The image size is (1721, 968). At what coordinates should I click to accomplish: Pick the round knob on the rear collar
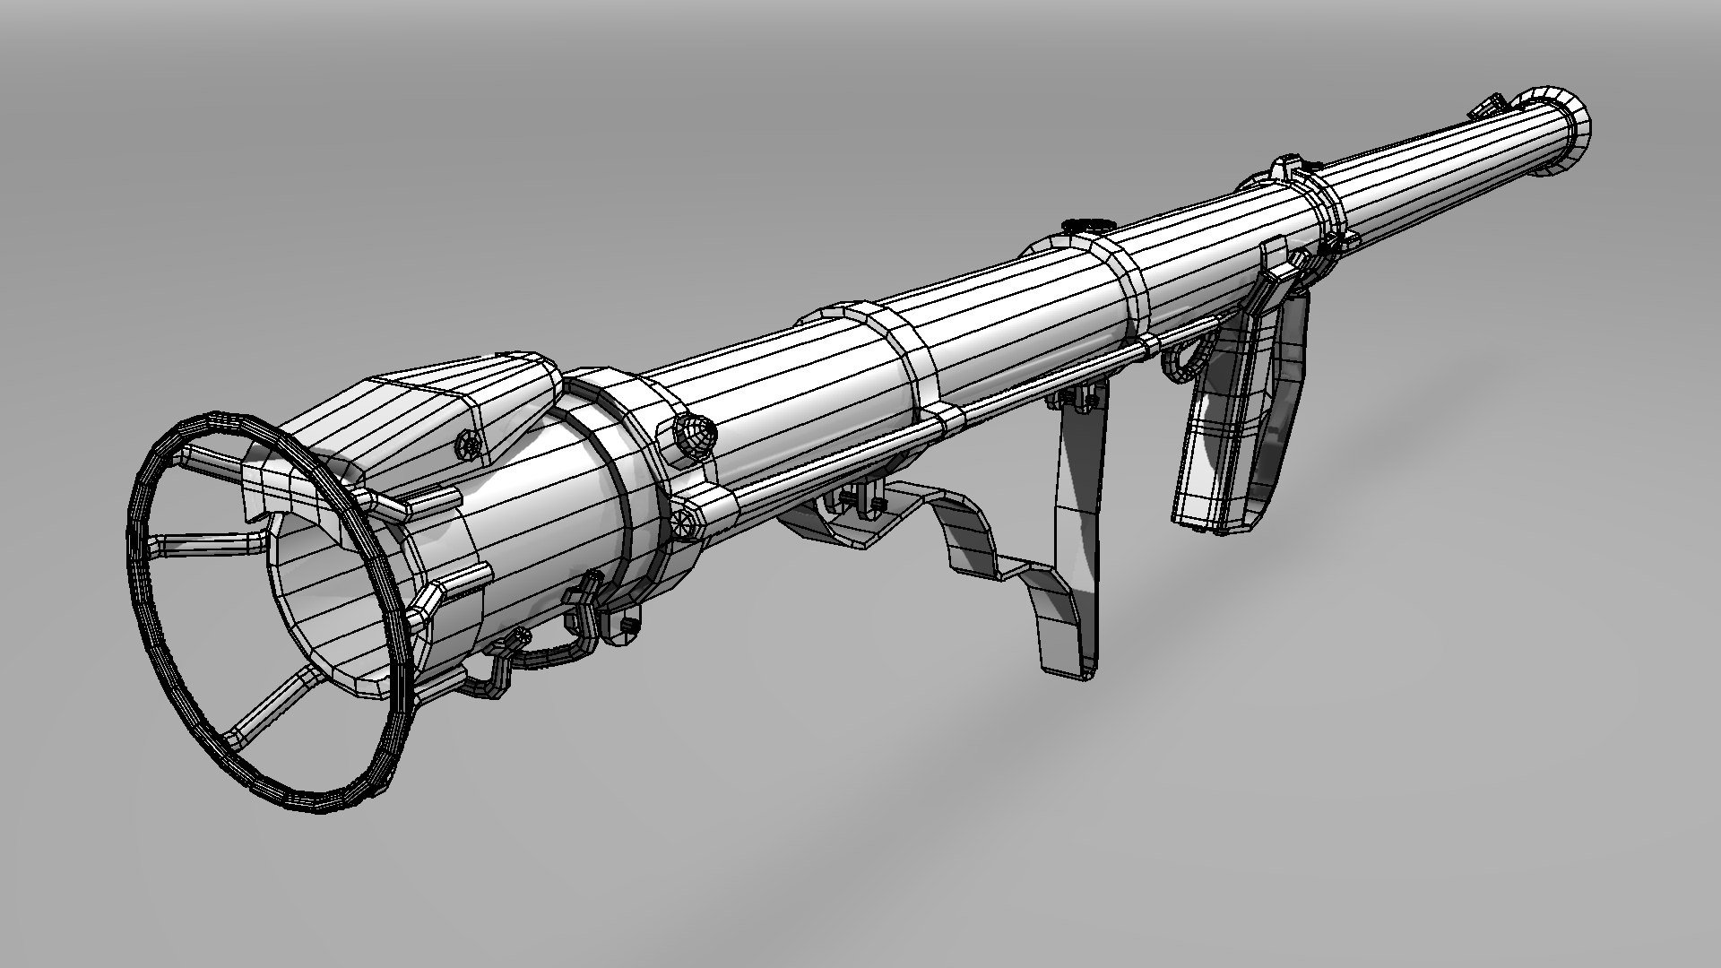696,434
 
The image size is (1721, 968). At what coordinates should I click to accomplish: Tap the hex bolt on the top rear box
468,443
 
